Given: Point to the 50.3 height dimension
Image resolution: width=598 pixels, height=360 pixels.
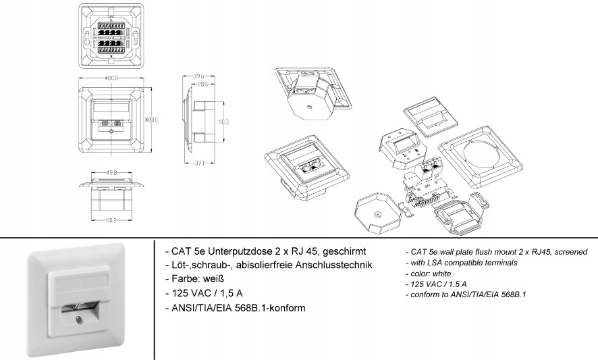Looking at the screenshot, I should pyautogui.click(x=223, y=122).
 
